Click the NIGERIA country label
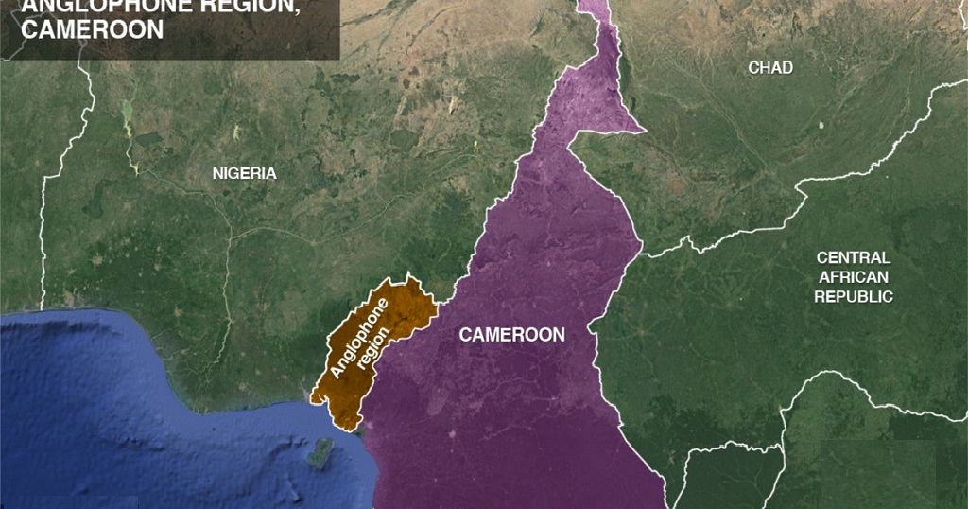pyautogui.click(x=244, y=173)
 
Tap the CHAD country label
pyautogui.click(x=770, y=67)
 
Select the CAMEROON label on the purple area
pyautogui.click(x=511, y=335)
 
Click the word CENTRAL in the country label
pyautogui.click(x=853, y=257)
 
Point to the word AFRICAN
pyautogui.click(x=853, y=277)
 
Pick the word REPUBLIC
pyautogui.click(x=854, y=296)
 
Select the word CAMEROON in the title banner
pyautogui.click(x=92, y=29)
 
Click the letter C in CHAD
pyautogui.click(x=753, y=67)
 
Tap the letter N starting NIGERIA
pyautogui.click(x=217, y=173)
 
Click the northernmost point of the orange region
pyautogui.click(x=408, y=277)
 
